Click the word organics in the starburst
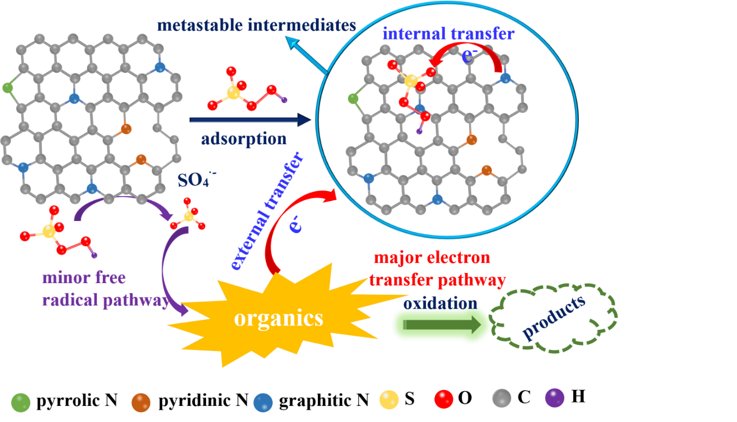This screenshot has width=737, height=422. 279,319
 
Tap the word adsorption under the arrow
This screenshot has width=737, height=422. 244,139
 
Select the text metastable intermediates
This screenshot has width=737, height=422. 256,25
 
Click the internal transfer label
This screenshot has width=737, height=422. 448,34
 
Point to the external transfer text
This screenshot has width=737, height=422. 267,212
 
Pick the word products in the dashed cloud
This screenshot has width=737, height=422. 554,317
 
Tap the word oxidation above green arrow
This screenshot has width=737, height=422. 440,303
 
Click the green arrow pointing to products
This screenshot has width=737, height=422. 441,325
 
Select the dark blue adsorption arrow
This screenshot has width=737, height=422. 250,120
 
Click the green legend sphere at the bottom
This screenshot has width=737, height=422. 21,402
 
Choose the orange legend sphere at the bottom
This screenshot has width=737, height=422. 141,402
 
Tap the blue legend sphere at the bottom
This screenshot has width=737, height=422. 263,402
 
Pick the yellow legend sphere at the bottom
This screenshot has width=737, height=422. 389,400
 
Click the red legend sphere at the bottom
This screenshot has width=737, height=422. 444,399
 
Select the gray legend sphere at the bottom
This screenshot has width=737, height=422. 501,399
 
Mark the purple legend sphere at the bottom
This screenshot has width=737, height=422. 554,398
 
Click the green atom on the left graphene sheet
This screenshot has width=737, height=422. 8,88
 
